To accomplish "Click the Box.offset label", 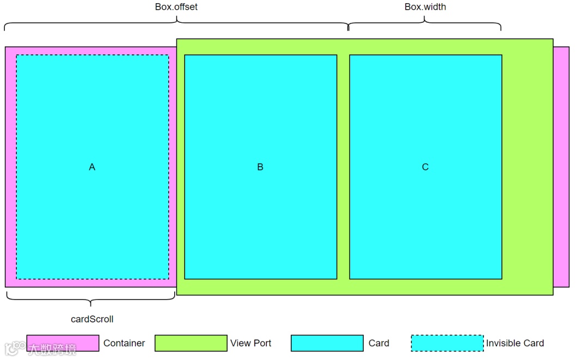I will pyautogui.click(x=176, y=7).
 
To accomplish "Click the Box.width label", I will pyautogui.click(x=425, y=7).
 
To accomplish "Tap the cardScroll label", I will pyautogui.click(x=92, y=319).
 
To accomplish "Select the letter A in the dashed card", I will pyautogui.click(x=92, y=167).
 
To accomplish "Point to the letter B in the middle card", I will pyautogui.click(x=260, y=167).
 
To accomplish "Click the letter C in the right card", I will pyautogui.click(x=425, y=167).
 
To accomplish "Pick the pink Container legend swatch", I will pyautogui.click(x=63, y=343).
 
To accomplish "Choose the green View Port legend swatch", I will pyautogui.click(x=191, y=343).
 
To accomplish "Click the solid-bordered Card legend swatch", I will pyautogui.click(x=327, y=343).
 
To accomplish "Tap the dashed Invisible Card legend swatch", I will pyautogui.click(x=447, y=343).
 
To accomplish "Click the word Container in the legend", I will pyautogui.click(x=124, y=343).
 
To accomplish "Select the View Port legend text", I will pyautogui.click(x=250, y=343).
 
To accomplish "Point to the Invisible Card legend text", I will pyautogui.click(x=514, y=343).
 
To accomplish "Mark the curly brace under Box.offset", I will pyautogui.click(x=176, y=23).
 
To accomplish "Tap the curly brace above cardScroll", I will pyautogui.click(x=91, y=299).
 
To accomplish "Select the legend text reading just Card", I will pyautogui.click(x=378, y=343).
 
